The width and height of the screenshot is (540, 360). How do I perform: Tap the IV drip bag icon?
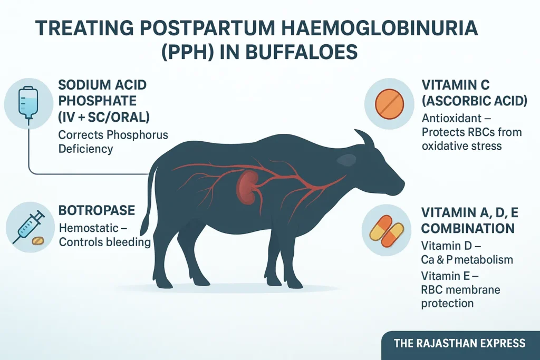click(x=28, y=104)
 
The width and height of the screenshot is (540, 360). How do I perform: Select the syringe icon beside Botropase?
click(x=28, y=227)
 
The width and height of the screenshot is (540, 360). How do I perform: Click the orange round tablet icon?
click(x=389, y=104)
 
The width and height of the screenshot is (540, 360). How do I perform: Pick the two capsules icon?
click(x=387, y=231)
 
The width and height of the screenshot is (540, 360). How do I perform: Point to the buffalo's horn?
click(x=364, y=138)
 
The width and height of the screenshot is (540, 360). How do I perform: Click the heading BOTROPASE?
click(x=97, y=210)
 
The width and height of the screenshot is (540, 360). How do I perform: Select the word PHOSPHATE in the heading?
click(x=98, y=101)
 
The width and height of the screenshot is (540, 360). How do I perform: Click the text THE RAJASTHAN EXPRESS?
click(x=460, y=343)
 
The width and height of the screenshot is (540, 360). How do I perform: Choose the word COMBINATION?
click(x=468, y=229)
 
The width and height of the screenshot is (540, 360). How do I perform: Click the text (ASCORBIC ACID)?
click(x=475, y=101)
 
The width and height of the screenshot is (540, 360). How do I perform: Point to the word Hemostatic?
click(x=89, y=228)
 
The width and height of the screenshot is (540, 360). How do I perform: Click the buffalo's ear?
click(x=346, y=159)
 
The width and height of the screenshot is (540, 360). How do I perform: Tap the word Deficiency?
click(x=85, y=149)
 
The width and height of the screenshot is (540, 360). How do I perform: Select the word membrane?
click(x=476, y=290)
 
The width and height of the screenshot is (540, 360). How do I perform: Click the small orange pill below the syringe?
click(x=38, y=240)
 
